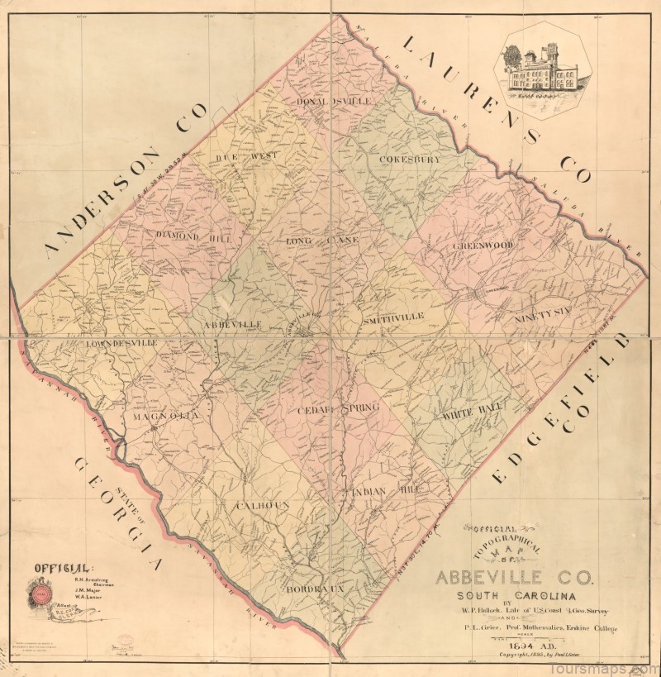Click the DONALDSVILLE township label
(x=335, y=101)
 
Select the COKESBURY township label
(x=411, y=158)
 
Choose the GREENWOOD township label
(x=483, y=246)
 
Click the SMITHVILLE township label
(x=392, y=317)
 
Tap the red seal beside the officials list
(x=40, y=591)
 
